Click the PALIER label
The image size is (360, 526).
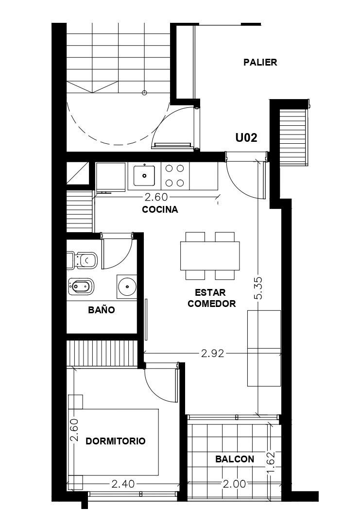tap(260, 62)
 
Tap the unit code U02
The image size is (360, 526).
tap(246, 137)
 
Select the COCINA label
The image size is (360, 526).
tap(160, 210)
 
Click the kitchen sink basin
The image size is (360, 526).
tap(144, 176)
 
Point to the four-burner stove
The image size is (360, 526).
tap(175, 176)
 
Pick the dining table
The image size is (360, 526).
tap(210, 255)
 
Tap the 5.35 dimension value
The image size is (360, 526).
tap(258, 288)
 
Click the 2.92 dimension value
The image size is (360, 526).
tap(212, 353)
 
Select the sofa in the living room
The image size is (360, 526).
tap(264, 348)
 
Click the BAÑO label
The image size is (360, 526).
tap(102, 310)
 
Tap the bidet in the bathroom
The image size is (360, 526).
tap(81, 287)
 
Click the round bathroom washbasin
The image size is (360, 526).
tap(127, 287)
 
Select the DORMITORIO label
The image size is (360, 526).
tap(116, 441)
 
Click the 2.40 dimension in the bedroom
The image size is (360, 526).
tap(123, 484)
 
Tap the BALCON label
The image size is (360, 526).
tap(235, 459)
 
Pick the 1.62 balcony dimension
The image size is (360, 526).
tap(271, 463)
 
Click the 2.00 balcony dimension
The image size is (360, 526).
tap(235, 484)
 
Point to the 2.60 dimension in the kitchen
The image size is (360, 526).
tap(156, 197)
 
